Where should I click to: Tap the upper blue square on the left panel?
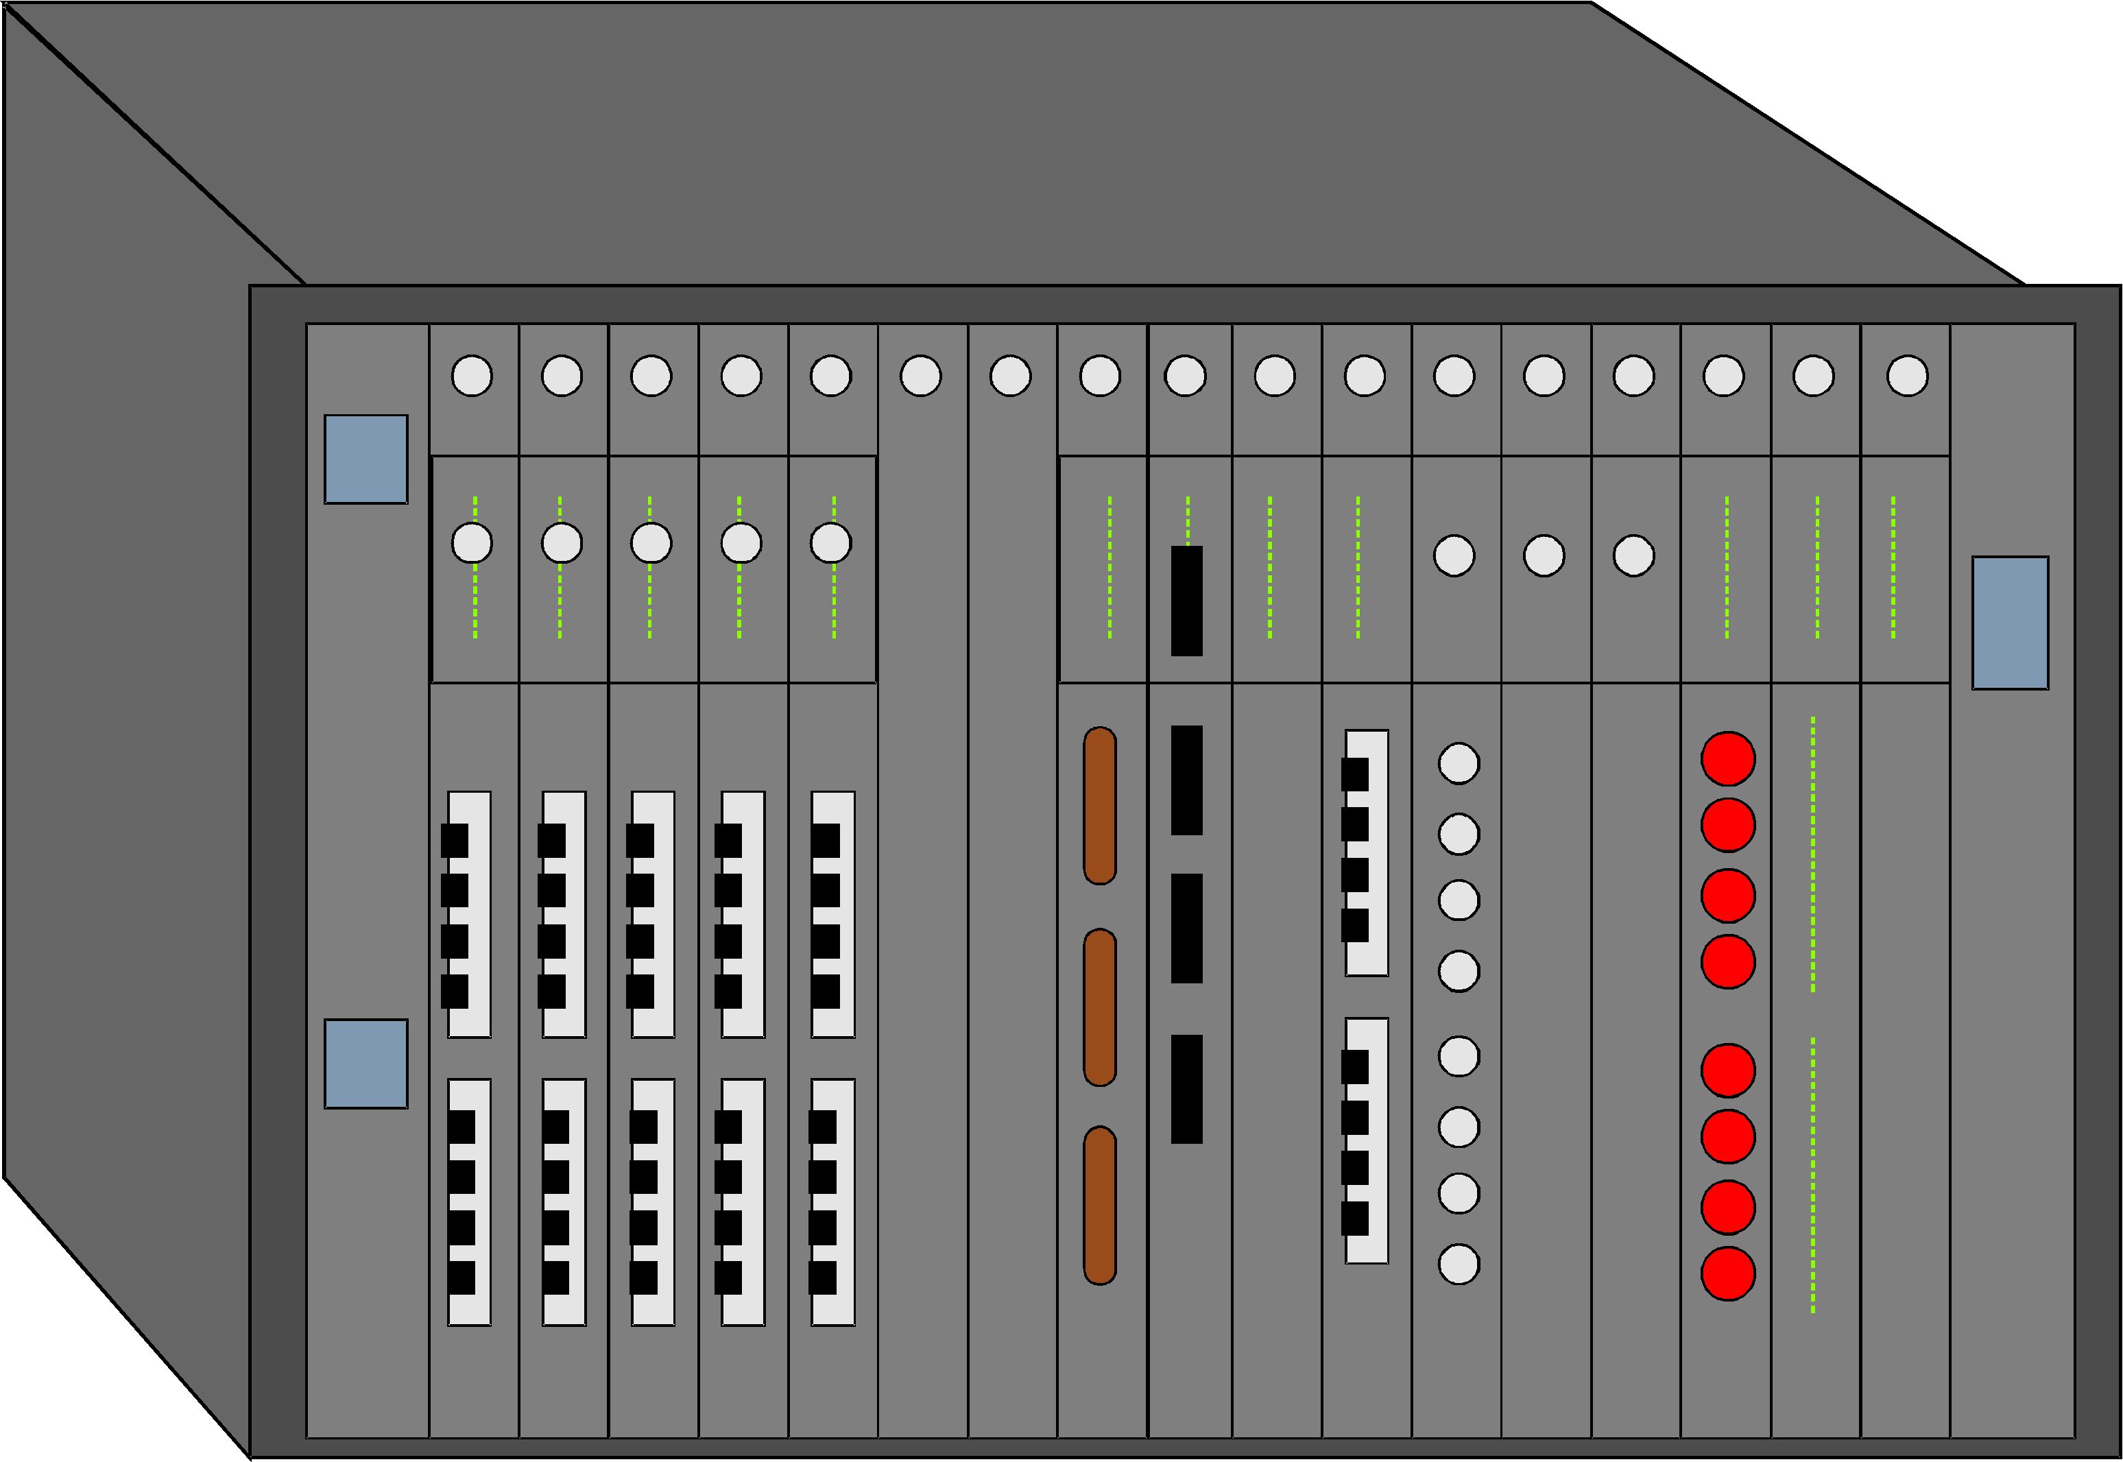365,459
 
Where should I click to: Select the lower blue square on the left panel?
365,1064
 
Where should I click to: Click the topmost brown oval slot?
1099,806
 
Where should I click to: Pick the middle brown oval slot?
1099,1007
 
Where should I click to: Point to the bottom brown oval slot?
1099,1206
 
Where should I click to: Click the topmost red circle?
1727,758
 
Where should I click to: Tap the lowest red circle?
1727,1273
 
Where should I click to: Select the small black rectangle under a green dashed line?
1186,601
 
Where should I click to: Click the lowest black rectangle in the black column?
1186,1089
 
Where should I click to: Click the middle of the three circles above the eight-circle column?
1544,556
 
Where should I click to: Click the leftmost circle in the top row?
472,376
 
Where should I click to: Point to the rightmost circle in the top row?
1907,376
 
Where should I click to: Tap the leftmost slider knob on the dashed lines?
472,543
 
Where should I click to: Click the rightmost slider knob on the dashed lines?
830,543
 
